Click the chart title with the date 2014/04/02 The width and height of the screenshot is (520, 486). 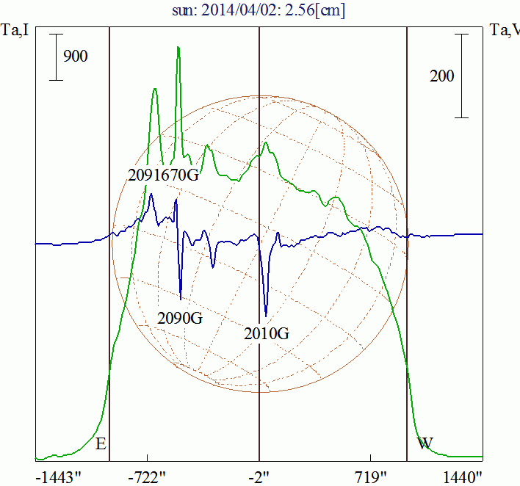coord(259,11)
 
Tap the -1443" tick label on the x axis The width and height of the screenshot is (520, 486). coord(59,476)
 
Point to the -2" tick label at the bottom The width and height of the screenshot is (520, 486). coord(259,476)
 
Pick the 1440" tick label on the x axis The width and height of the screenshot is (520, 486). coord(463,476)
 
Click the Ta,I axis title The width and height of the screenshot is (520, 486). coord(15,30)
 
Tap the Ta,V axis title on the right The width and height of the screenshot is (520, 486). coord(505,30)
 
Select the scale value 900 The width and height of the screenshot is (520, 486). coord(76,57)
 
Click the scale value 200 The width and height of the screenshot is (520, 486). coord(441,76)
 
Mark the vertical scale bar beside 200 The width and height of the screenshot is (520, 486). coord(461,75)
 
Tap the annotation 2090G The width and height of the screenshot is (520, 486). coord(180,319)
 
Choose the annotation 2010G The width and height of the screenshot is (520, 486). coord(267,334)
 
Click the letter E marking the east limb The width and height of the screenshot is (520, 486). coord(101,443)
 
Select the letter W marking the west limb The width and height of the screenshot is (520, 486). coord(425,443)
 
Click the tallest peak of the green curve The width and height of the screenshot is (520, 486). coord(178,48)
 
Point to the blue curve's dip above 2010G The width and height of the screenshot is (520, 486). coord(266,314)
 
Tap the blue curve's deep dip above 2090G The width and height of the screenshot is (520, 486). coord(181,298)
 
